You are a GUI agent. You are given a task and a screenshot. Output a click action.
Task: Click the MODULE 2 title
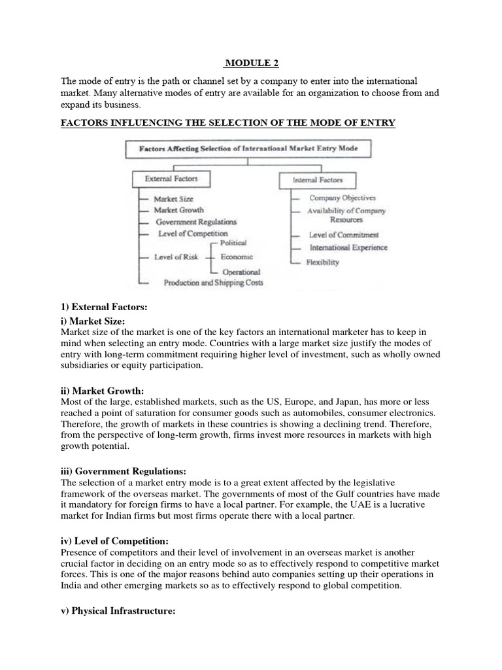click(x=250, y=63)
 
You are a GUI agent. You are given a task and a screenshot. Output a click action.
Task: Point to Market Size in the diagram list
click(x=173, y=198)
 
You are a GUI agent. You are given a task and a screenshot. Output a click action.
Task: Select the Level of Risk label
click(x=176, y=257)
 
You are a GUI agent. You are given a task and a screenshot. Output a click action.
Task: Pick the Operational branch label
click(x=241, y=272)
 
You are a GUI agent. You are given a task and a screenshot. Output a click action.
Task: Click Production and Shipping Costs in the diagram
click(x=205, y=283)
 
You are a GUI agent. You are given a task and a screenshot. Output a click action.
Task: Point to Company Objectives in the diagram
click(x=343, y=198)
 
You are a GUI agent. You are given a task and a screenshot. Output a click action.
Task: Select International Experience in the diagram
click(x=348, y=248)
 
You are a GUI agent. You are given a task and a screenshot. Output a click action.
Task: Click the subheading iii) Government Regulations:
click(x=124, y=471)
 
